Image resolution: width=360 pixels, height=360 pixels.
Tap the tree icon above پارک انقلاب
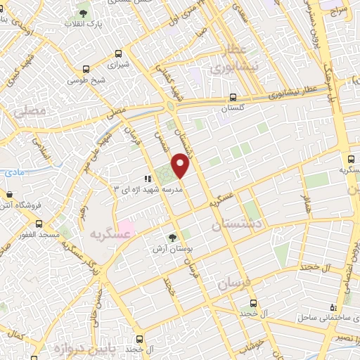(84, 13)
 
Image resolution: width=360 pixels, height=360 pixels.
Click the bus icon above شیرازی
(118, 53)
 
